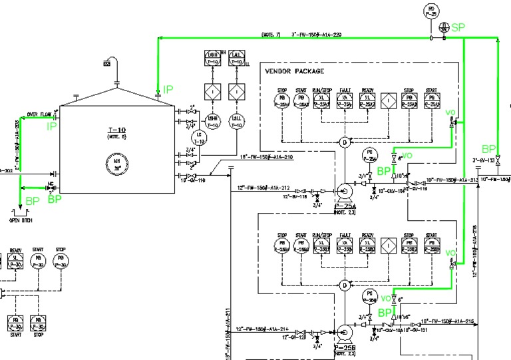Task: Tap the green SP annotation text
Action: (x=458, y=27)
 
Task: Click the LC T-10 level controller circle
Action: (x=198, y=138)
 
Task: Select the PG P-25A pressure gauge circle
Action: (x=371, y=155)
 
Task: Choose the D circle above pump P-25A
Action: (x=345, y=142)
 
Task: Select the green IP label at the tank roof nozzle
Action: (x=168, y=89)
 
